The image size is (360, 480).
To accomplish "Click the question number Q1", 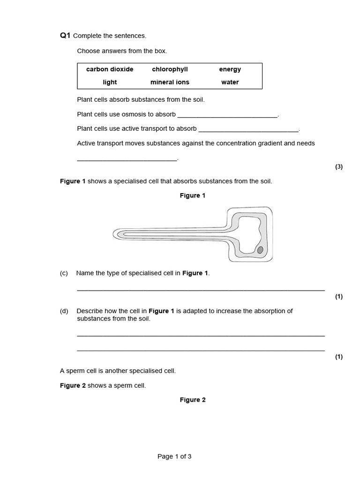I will [x=65, y=36].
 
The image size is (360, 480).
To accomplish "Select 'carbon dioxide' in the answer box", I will [x=110, y=69].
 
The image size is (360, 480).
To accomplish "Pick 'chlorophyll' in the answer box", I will [x=170, y=69].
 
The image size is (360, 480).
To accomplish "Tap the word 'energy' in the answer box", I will [x=230, y=69].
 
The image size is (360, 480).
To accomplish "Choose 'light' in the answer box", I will [x=110, y=82].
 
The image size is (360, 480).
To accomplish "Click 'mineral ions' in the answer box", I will [x=170, y=82].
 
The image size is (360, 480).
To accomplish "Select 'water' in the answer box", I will [x=230, y=82].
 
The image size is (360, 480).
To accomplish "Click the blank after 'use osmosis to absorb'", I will [x=228, y=115].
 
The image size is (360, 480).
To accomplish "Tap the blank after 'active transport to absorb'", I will [x=248, y=129].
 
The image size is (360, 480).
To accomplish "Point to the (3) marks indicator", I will [x=339, y=167].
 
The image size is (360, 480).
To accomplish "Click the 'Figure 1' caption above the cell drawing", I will [x=192, y=195].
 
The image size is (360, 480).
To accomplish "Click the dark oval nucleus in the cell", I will [x=260, y=250].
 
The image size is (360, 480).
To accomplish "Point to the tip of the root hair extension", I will [x=115, y=233].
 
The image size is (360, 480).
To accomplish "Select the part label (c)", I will [x=64, y=273].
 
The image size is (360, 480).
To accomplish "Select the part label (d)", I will [x=64, y=311].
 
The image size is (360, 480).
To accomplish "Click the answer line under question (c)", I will [x=201, y=290].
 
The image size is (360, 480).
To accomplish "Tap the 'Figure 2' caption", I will [x=193, y=400].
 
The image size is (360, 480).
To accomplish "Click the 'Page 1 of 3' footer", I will [x=174, y=457].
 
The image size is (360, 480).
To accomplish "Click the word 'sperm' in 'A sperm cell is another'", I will [x=75, y=371].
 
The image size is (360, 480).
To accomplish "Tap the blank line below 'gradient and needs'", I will [x=127, y=159].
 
